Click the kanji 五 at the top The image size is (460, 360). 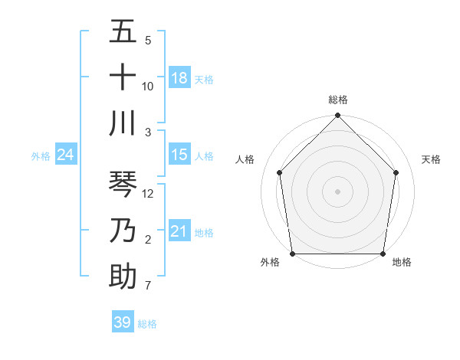click(x=123, y=33)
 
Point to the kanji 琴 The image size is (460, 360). click(x=123, y=185)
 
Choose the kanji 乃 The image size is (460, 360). click(x=123, y=231)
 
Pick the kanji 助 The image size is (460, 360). click(x=123, y=276)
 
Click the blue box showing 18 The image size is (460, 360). click(x=179, y=78)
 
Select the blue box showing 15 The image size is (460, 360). click(x=179, y=155)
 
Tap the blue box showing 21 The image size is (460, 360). click(x=179, y=231)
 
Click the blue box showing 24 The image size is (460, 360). click(x=66, y=155)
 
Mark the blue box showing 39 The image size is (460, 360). click(x=123, y=322)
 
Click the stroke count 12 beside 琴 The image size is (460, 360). click(x=149, y=194)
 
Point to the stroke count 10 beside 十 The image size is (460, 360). click(x=148, y=86)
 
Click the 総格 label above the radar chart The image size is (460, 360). click(x=338, y=100)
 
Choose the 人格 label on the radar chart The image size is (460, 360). click(x=245, y=159)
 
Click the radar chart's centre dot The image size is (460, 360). click(x=338, y=191)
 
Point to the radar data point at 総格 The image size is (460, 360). click(x=338, y=116)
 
